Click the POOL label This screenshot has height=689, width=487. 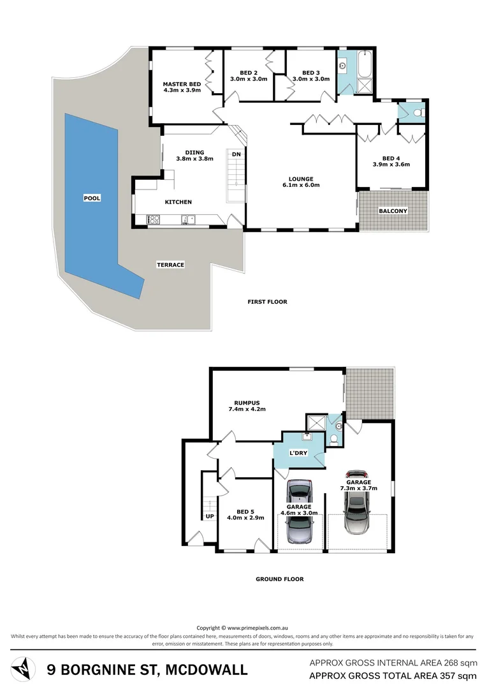[x=92, y=198]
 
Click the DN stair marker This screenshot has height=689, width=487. [x=236, y=154]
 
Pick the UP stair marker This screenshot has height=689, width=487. [x=208, y=515]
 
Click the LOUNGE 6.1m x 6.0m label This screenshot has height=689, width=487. [x=300, y=182]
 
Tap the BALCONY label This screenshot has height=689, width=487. [x=393, y=211]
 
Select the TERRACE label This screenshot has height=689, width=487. [x=171, y=264]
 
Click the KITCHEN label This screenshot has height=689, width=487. [x=178, y=202]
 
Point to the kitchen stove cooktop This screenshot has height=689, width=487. [x=154, y=220]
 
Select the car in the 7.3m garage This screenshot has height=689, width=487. [x=356, y=503]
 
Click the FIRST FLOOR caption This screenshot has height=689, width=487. [x=267, y=302]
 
